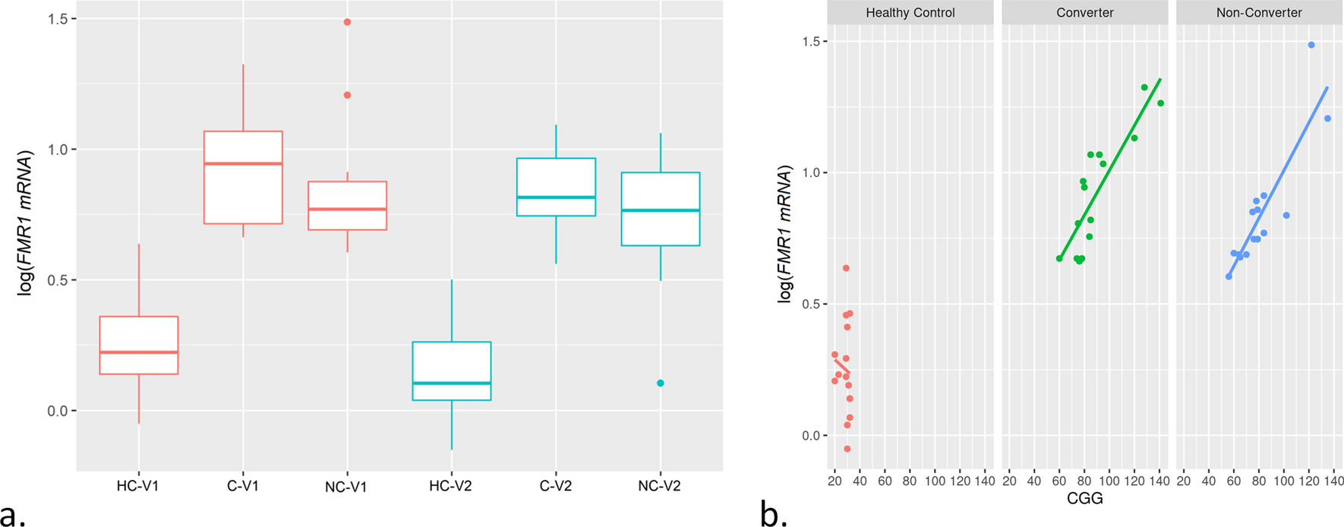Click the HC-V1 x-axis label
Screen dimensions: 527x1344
[x=138, y=486]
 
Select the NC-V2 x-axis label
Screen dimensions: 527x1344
[x=660, y=486]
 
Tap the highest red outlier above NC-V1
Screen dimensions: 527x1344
[x=347, y=22]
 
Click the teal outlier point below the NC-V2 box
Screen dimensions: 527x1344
[x=661, y=383]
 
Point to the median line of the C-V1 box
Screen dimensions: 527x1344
[x=243, y=163]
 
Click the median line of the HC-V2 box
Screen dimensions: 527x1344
[x=451, y=383]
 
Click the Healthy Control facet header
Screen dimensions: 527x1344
[x=910, y=13]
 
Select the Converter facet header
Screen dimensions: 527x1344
[x=1084, y=13]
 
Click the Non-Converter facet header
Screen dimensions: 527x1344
[x=1258, y=13]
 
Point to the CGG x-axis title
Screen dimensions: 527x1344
[x=1084, y=499]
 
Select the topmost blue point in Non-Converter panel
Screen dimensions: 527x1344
[x=1311, y=45]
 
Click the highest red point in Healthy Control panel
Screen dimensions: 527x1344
[x=846, y=268]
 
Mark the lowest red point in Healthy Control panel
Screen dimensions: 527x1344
[x=847, y=449]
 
